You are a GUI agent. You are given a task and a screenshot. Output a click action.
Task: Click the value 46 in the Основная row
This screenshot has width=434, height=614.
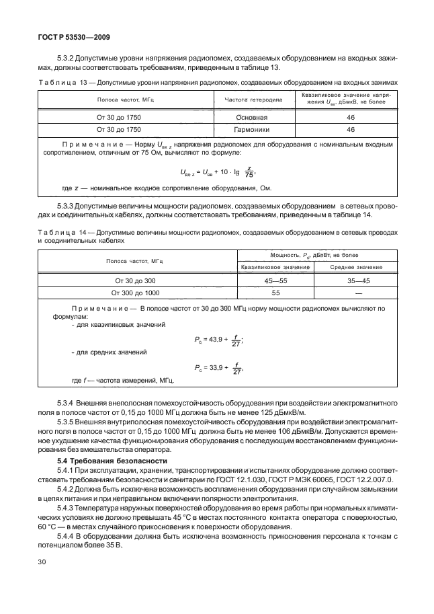350,117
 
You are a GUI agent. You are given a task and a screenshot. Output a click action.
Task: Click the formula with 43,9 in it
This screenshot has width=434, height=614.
218,341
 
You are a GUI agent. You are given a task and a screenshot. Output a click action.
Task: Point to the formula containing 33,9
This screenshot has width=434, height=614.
218,368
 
